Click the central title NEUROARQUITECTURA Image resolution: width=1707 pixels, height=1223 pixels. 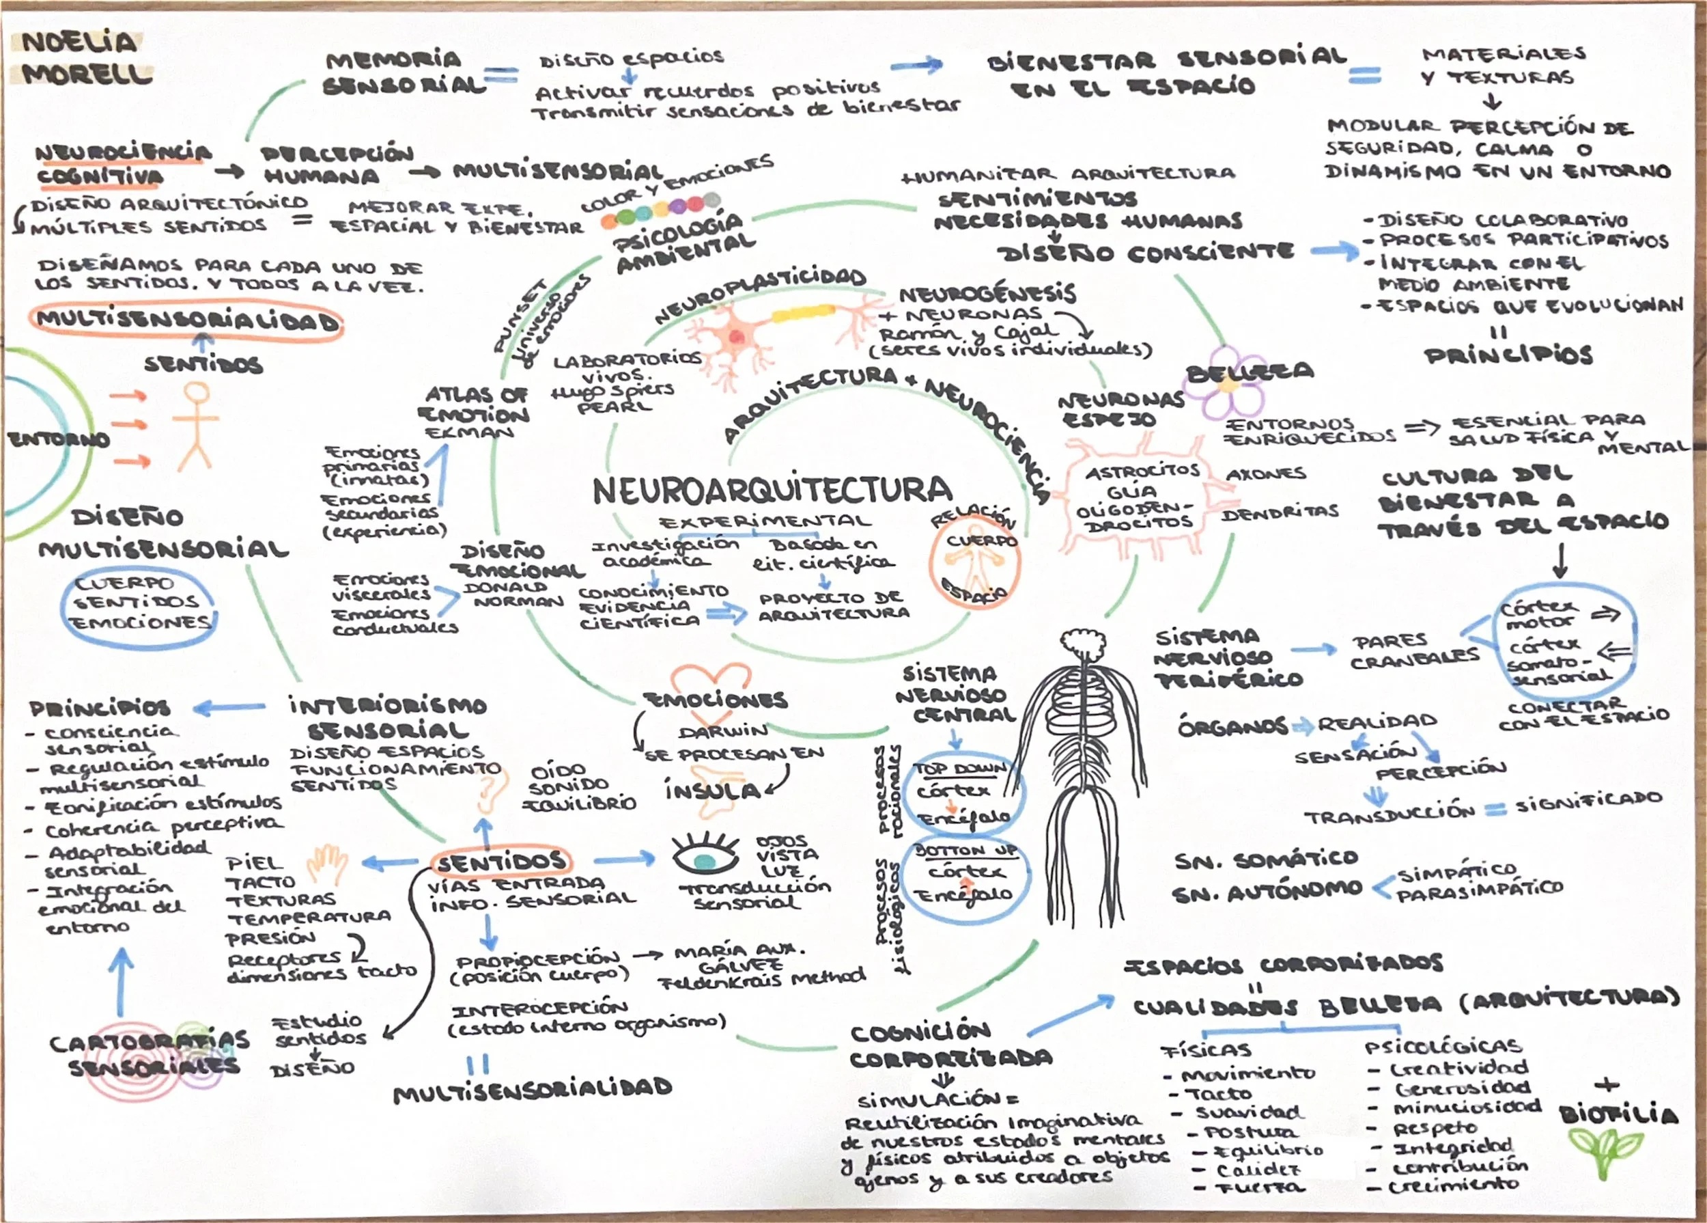tap(772, 491)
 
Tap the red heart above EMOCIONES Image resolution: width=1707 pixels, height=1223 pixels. tap(711, 678)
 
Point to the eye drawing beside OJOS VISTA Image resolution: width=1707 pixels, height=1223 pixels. tap(705, 857)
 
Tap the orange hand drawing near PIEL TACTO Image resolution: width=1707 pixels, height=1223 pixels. tap(327, 863)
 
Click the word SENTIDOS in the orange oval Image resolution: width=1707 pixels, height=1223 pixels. tap(500, 862)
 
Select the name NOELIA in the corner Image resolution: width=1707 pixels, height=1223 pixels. tap(79, 42)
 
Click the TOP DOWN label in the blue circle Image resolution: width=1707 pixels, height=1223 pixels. tap(961, 769)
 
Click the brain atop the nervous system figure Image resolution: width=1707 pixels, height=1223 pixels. tap(1082, 644)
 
